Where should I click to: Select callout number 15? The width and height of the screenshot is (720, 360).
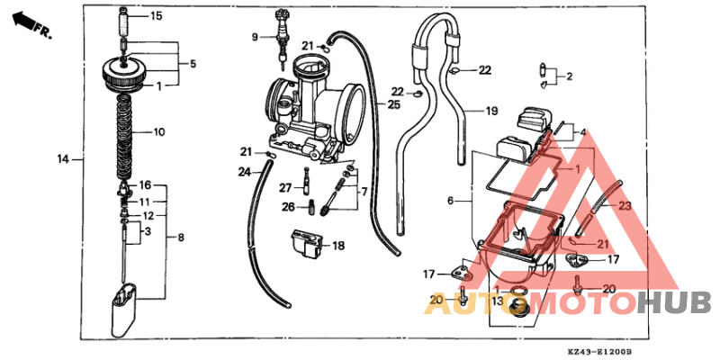click(157, 16)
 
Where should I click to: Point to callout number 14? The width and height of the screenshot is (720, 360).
click(63, 159)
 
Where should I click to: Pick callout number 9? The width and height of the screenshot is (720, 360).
click(255, 36)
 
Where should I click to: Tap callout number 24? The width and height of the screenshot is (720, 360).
click(244, 171)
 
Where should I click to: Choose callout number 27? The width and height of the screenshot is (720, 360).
click(285, 187)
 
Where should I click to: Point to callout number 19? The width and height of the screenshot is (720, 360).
click(491, 112)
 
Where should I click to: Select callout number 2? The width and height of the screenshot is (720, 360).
click(569, 77)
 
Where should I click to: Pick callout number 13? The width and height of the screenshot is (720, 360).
click(497, 301)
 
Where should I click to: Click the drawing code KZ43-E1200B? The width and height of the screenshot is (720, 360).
click(600, 352)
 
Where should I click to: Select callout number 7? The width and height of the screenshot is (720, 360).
click(364, 192)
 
